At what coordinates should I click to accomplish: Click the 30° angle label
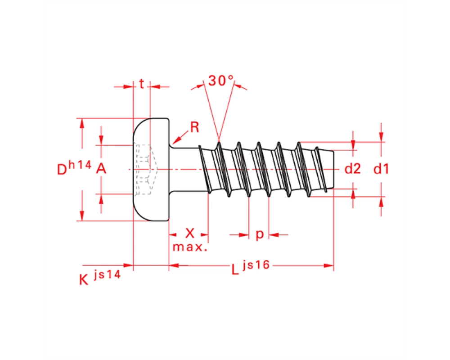(221, 81)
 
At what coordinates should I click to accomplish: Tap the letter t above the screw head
(141, 84)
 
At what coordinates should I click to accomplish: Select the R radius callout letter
(194, 127)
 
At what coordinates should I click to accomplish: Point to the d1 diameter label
(381, 168)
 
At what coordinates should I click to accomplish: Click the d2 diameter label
(352, 168)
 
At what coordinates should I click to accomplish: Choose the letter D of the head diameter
(62, 169)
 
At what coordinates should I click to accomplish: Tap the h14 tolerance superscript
(80, 165)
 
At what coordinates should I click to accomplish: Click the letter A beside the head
(101, 168)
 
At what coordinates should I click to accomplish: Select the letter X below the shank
(190, 234)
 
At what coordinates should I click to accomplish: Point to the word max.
(190, 247)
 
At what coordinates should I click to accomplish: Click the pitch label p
(260, 234)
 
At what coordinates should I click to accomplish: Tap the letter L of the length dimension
(235, 269)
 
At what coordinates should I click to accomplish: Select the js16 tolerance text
(256, 265)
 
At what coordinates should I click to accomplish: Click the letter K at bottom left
(84, 279)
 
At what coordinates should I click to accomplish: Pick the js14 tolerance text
(107, 274)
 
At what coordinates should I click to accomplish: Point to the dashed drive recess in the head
(146, 169)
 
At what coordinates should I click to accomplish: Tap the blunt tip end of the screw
(333, 169)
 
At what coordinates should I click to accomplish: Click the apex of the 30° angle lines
(219, 141)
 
